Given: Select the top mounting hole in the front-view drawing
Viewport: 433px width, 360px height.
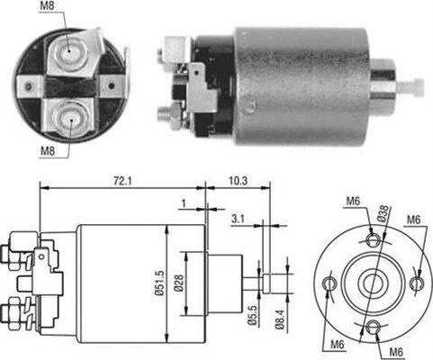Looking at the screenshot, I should [x=374, y=238].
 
